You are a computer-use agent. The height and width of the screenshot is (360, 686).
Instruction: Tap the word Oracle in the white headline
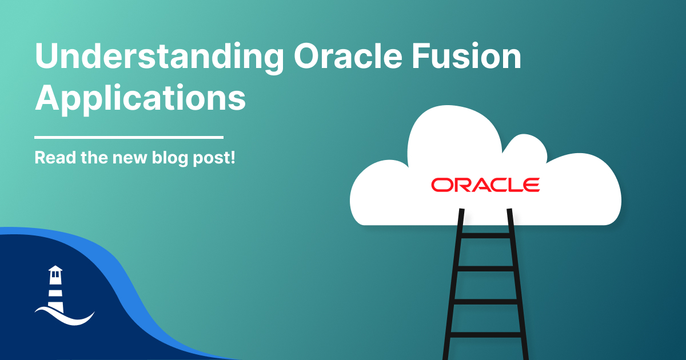348,57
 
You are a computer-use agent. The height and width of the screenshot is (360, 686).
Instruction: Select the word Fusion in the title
466,57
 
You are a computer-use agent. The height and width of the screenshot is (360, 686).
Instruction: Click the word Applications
140,98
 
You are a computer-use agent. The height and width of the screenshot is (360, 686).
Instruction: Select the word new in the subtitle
130,159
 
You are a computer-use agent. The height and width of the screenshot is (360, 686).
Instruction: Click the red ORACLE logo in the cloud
485,185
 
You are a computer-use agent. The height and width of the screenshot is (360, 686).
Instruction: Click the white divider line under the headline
129,138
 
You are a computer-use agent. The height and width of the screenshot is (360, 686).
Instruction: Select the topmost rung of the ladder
485,235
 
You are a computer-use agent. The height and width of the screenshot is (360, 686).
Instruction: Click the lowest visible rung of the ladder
486,335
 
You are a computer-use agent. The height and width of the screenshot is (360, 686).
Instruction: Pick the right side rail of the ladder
518,284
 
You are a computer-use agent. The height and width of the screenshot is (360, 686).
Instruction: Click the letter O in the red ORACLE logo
441,185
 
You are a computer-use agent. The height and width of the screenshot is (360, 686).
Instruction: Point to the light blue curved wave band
129,285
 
